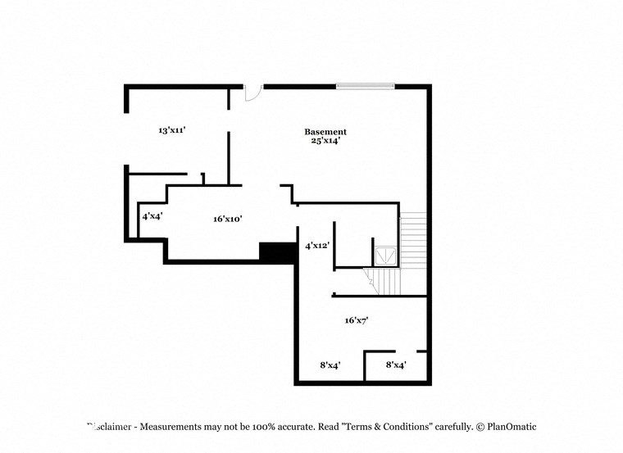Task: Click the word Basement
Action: click(x=325, y=132)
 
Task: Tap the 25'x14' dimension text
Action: click(x=325, y=141)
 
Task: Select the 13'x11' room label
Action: click(x=172, y=130)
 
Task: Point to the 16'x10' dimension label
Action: click(x=227, y=219)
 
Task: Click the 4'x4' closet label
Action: click(x=151, y=217)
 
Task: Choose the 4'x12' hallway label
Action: click(x=318, y=246)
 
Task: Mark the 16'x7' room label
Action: click(x=356, y=320)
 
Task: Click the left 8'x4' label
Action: click(x=330, y=365)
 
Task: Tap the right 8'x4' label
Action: click(x=396, y=365)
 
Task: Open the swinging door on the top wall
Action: click(x=253, y=93)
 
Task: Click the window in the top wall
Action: click(x=365, y=86)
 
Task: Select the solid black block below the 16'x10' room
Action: click(x=277, y=252)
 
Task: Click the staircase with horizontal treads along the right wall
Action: click(x=413, y=239)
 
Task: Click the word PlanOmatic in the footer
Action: click(x=512, y=427)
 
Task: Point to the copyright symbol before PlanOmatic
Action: click(x=480, y=427)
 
